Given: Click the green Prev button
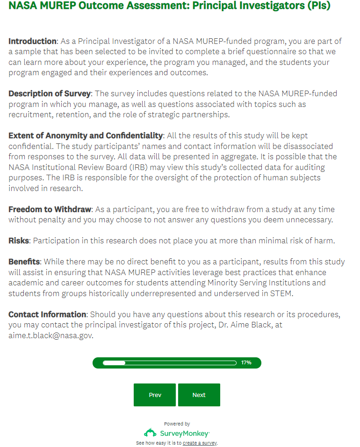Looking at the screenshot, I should (155, 395).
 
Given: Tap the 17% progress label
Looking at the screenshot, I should (246, 362).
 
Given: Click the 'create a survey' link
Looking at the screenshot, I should (200, 443).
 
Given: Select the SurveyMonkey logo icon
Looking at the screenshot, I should (150, 433).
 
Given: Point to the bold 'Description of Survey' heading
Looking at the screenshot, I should (49, 93).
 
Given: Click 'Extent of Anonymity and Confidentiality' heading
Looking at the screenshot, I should (86, 135).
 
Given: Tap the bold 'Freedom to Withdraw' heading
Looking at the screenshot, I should (50, 209).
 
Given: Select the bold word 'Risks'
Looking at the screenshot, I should (19, 241).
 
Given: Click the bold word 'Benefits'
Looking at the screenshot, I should (24, 262).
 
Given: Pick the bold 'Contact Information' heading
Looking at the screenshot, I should (47, 314).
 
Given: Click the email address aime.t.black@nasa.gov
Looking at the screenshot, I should (50, 335).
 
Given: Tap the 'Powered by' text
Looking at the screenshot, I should (177, 424).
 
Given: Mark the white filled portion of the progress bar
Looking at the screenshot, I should (114, 362).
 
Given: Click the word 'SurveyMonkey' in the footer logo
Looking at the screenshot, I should (184, 433).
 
